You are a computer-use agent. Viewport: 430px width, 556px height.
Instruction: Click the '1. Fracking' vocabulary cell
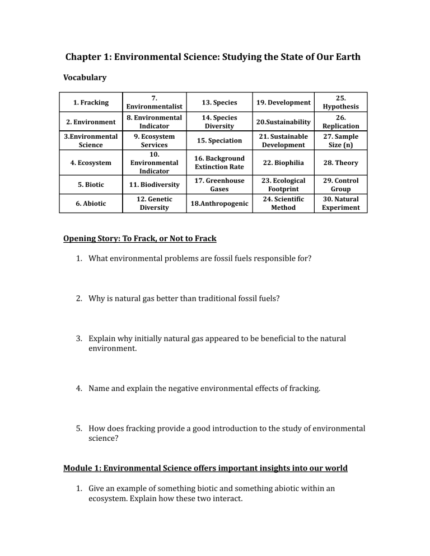click(91, 103)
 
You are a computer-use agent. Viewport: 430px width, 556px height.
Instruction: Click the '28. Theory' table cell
click(344, 163)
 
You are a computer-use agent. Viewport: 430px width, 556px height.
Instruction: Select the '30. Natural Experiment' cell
click(344, 204)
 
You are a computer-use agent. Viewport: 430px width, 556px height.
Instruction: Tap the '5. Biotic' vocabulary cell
click(91, 184)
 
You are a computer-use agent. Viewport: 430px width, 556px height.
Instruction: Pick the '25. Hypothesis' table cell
click(344, 102)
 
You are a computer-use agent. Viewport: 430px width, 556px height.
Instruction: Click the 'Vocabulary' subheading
click(84, 78)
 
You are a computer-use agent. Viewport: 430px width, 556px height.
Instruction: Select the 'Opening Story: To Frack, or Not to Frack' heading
click(139, 239)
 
